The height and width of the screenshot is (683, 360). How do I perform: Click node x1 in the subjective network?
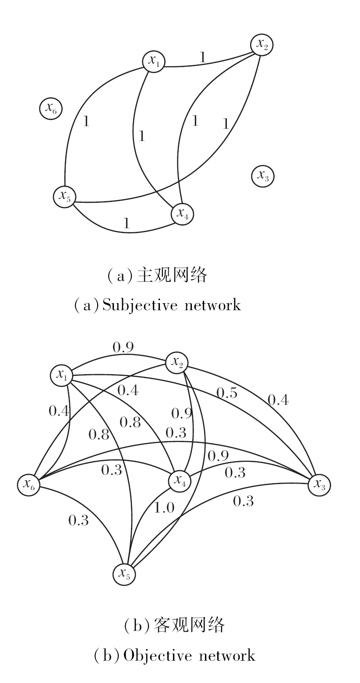click(x=153, y=61)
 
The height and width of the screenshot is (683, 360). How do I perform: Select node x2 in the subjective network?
click(x=262, y=44)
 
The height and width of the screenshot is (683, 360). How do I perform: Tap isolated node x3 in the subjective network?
click(x=263, y=176)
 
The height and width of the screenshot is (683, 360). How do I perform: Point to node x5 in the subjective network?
click(x=64, y=197)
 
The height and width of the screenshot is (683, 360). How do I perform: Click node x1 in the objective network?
click(x=61, y=375)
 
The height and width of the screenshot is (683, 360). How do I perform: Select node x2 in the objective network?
click(x=177, y=362)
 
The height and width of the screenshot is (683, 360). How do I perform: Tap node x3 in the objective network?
click(x=319, y=485)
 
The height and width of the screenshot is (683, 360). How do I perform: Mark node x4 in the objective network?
click(x=180, y=480)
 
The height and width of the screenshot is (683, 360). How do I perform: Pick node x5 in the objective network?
click(x=124, y=573)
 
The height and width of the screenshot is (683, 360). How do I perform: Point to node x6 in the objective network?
click(x=29, y=485)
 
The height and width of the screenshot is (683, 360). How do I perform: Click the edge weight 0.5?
click(x=227, y=393)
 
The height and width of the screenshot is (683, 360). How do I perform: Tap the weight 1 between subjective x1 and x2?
click(x=202, y=57)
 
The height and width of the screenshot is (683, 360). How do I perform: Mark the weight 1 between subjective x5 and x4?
click(x=127, y=224)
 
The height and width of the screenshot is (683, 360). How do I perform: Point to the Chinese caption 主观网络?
click(x=171, y=275)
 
